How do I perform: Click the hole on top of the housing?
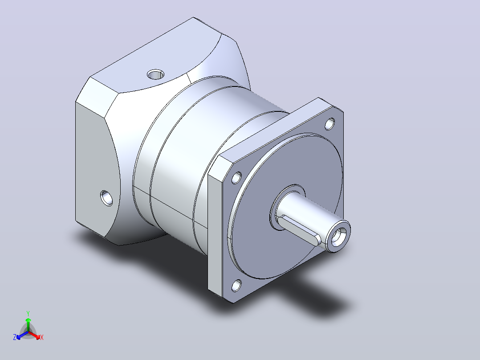pyautogui.click(x=155, y=74)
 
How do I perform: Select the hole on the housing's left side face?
pyautogui.click(x=106, y=198)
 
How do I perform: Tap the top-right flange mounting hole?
pyautogui.click(x=329, y=124)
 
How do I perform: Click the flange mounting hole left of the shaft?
pyautogui.click(x=236, y=178)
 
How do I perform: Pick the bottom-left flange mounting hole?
pyautogui.click(x=236, y=286)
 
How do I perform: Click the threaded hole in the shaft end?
pyautogui.click(x=338, y=236)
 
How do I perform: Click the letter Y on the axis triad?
pyautogui.click(x=28, y=313)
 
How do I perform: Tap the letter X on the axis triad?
pyautogui.click(x=42, y=337)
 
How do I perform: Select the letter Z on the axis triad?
pyautogui.click(x=14, y=337)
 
